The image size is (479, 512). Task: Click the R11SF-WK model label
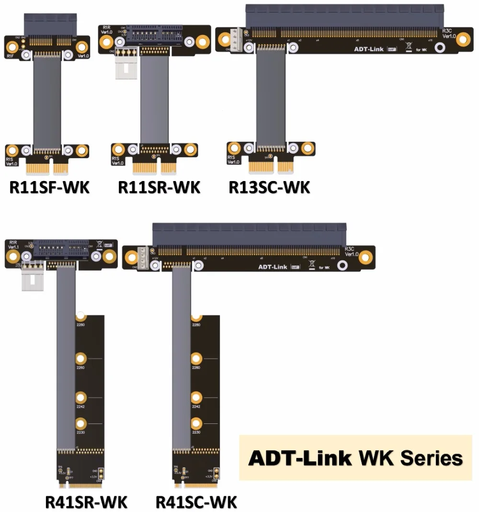(x=49, y=187)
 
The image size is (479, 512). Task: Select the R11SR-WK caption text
(x=159, y=187)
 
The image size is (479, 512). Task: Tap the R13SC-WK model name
(x=269, y=187)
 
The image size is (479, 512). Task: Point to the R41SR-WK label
(x=86, y=502)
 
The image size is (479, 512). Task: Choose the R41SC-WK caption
(x=196, y=502)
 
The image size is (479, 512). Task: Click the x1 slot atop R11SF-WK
(x=50, y=24)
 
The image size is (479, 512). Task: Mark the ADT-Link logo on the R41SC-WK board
(x=273, y=267)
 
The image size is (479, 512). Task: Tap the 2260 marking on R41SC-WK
(x=196, y=367)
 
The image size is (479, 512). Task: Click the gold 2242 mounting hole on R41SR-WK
(x=81, y=398)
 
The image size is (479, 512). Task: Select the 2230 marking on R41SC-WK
(x=196, y=432)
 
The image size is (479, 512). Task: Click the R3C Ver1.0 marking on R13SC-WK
(x=448, y=33)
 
